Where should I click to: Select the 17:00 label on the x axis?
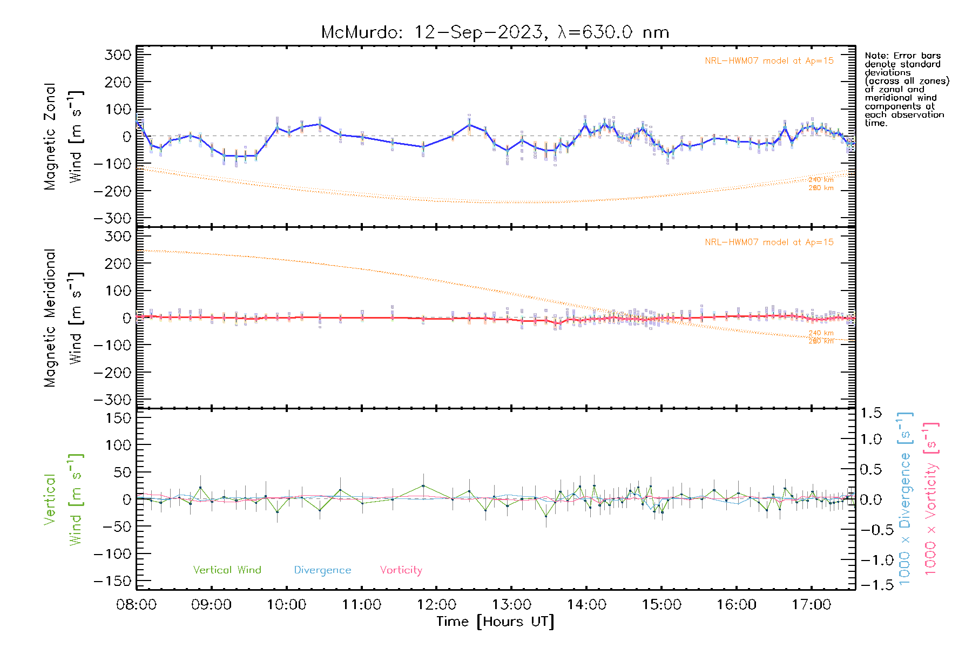[811, 604]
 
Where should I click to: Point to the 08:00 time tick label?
[136, 604]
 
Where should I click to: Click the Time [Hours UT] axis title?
[495, 622]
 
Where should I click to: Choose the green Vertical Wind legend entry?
[227, 570]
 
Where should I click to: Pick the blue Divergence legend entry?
[322, 570]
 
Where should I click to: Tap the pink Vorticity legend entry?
[401, 570]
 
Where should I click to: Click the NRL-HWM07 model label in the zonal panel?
[769, 61]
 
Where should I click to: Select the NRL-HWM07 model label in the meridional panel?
[769, 242]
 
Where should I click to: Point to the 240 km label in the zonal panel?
[821, 180]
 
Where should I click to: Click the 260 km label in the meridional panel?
[821, 341]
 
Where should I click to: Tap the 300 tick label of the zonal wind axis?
[118, 55]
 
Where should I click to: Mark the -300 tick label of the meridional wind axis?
[112, 400]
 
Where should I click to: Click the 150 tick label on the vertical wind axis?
[118, 417]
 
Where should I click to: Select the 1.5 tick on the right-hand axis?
[870, 413]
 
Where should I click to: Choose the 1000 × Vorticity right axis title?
[931, 500]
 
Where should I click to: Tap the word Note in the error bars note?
[875, 56]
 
